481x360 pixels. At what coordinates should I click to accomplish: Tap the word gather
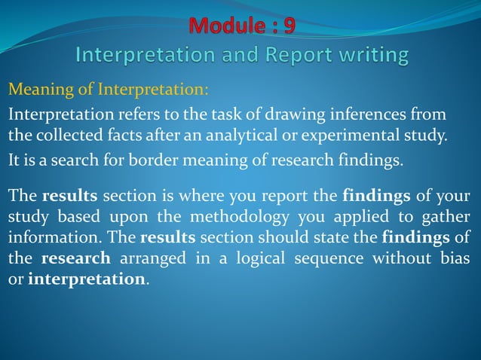click(449, 219)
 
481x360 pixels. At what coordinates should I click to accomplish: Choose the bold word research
click(76, 258)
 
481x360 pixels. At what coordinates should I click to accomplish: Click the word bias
click(455, 258)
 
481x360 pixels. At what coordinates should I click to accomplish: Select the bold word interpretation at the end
click(85, 278)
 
